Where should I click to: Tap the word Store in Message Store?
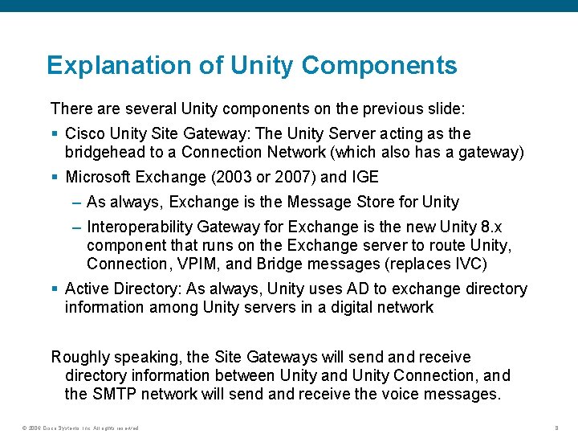pos(360,203)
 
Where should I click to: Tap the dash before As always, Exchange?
pos(75,203)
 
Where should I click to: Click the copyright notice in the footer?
pos(80,428)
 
